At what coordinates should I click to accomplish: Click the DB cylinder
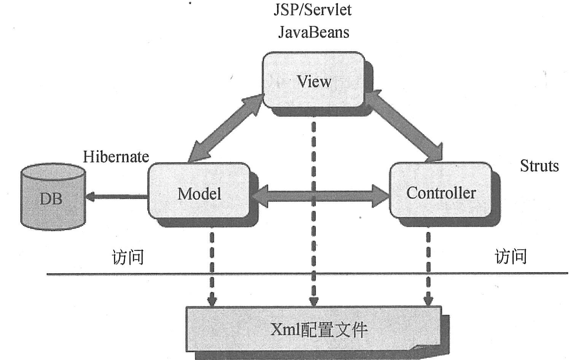[x=52, y=197]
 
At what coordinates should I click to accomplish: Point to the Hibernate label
[x=116, y=157]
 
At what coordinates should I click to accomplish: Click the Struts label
[x=539, y=166]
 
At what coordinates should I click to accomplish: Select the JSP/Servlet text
[x=312, y=10]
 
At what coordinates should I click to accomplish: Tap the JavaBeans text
[x=313, y=32]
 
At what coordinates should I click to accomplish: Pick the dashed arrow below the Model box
[x=212, y=266]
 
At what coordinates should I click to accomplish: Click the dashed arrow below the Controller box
[x=428, y=266]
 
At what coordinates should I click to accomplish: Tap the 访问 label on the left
[x=128, y=257]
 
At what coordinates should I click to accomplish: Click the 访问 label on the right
[x=510, y=256]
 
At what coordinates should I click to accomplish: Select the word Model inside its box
[x=199, y=194]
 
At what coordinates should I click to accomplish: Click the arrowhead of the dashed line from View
[x=313, y=302]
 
